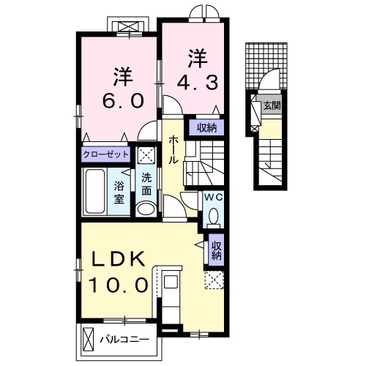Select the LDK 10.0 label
tap(119, 272)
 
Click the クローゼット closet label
tap(106, 154)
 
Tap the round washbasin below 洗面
tap(146, 209)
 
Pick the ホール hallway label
tap(174, 149)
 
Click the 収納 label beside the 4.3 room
tap(206, 127)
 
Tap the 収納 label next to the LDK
tap(217, 251)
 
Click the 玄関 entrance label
tap(272, 105)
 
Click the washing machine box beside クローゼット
tap(146, 154)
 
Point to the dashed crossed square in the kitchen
tap(214, 280)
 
